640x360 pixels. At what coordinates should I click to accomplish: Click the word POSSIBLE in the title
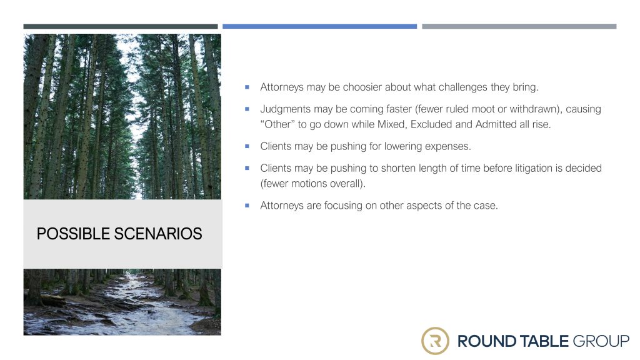(74, 234)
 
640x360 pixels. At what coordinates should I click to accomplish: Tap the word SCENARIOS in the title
(158, 234)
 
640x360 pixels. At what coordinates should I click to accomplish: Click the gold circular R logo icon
(435, 341)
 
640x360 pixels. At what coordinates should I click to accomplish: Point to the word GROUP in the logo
(601, 341)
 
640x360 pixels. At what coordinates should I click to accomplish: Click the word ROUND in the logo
(486, 341)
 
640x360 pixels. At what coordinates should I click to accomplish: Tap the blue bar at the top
(319, 26)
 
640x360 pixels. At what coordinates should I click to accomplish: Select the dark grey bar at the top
(121, 26)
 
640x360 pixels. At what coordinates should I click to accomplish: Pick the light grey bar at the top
(519, 26)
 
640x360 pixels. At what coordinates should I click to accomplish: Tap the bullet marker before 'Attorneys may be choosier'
(247, 87)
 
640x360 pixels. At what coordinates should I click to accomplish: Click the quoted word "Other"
(277, 124)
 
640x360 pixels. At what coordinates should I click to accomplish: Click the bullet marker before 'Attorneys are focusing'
(247, 205)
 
